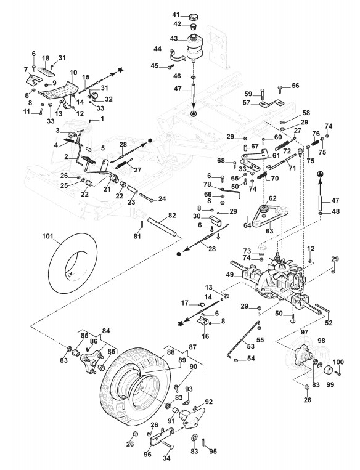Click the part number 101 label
click(47, 237)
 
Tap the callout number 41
click(176, 14)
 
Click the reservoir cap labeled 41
click(192, 17)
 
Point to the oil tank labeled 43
click(194, 47)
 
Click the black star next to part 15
click(120, 70)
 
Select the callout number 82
click(172, 216)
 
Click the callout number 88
click(171, 352)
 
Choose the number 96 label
click(147, 455)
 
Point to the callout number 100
click(338, 362)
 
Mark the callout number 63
click(269, 231)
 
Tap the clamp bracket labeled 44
click(179, 56)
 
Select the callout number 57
click(247, 103)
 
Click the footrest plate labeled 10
click(59, 91)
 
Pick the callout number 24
click(162, 198)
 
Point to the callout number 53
click(250, 346)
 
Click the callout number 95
click(213, 452)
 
